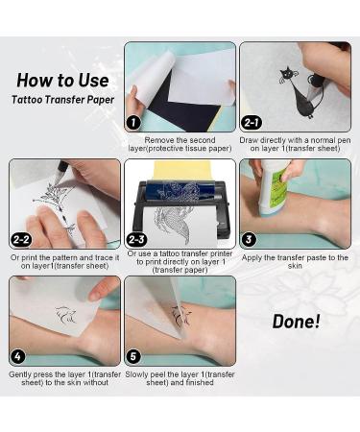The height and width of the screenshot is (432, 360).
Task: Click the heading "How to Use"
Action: click(62, 81)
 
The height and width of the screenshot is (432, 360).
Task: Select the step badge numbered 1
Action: click(134, 122)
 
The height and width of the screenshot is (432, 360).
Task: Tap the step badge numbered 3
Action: click(250, 239)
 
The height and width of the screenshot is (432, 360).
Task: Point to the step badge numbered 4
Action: click(19, 356)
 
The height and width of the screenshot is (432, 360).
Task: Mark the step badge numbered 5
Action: click(134, 356)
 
